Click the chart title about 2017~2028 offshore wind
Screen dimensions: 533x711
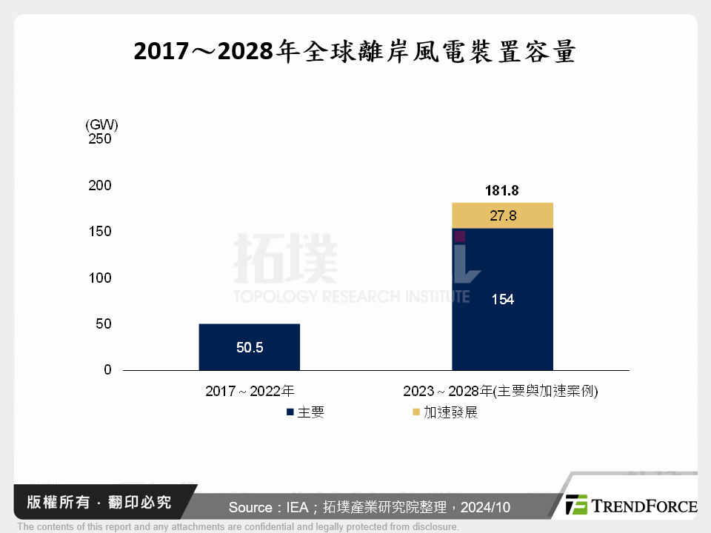click(x=355, y=53)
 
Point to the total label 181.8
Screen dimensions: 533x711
click(x=502, y=191)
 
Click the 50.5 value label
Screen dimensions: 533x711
click(x=250, y=347)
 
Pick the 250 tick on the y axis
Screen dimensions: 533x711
click(x=99, y=139)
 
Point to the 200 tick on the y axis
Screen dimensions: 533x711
click(x=99, y=186)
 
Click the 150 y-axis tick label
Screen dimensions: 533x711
click(x=99, y=232)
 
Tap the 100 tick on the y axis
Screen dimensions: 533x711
click(x=99, y=278)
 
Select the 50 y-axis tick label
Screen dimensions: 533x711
click(x=103, y=324)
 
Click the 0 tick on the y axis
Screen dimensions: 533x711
click(x=107, y=370)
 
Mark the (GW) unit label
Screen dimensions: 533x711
click(x=101, y=125)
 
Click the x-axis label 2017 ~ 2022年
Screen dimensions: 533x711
click(x=250, y=392)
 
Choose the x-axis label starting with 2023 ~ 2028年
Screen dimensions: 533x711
click(x=501, y=392)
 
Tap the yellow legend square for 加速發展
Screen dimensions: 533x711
click(x=416, y=412)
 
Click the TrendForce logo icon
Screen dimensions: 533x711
click(x=576, y=505)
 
